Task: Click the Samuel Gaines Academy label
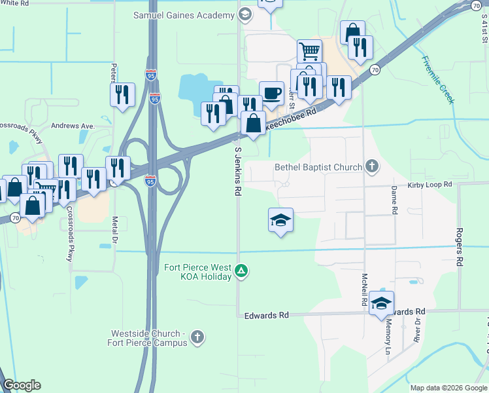click(x=185, y=14)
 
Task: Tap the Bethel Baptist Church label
click(x=318, y=167)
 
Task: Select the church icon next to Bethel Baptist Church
click(x=372, y=166)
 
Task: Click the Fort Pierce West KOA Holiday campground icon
click(x=241, y=271)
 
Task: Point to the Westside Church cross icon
click(x=197, y=338)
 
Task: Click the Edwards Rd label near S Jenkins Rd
click(x=266, y=315)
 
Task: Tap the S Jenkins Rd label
click(x=238, y=172)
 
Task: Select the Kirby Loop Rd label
click(x=430, y=185)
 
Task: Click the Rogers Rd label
click(x=460, y=247)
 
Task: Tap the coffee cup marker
click(x=271, y=92)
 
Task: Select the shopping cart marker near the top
click(x=309, y=50)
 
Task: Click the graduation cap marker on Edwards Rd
click(x=382, y=303)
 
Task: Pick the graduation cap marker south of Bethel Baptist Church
click(x=280, y=220)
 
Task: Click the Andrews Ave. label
click(x=73, y=126)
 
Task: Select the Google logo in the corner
click(x=22, y=386)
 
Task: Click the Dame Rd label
click(x=394, y=200)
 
